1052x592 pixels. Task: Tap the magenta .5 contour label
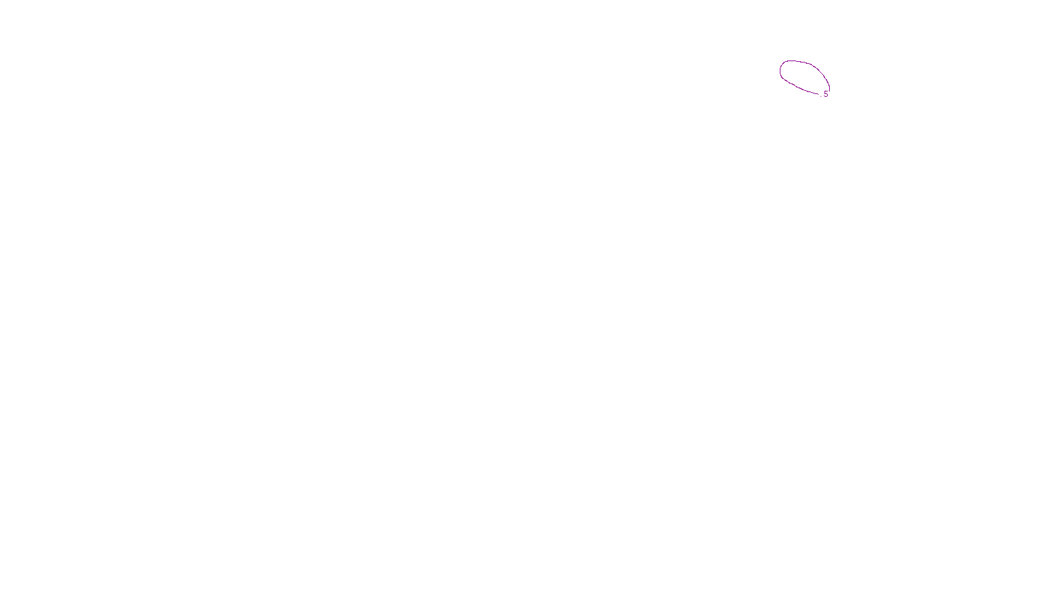825,94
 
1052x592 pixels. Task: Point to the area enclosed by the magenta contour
803,76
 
